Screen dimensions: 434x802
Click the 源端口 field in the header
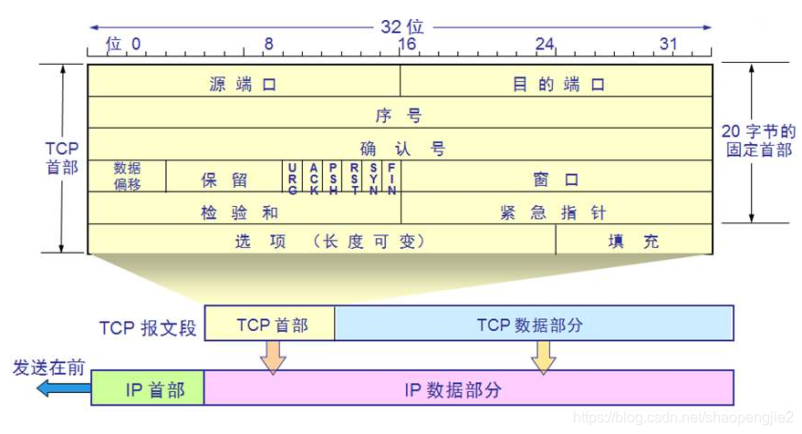243,85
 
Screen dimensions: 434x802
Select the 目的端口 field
557,85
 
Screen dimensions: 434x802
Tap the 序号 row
399,116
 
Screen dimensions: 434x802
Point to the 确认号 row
399,148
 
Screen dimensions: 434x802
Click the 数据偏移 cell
127,176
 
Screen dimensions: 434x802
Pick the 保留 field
224,179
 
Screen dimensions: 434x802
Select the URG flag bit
292,178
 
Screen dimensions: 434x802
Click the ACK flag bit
313,178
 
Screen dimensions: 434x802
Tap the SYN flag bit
373,178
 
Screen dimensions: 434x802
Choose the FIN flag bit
392,178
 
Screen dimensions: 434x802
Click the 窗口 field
557,179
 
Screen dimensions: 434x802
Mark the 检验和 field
243,212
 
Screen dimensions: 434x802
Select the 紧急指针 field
557,212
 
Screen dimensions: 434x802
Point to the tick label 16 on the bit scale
407,44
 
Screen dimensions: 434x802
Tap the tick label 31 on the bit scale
669,44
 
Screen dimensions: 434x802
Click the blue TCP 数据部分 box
534,325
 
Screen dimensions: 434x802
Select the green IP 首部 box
148,389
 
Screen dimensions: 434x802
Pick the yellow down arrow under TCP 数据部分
543,357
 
